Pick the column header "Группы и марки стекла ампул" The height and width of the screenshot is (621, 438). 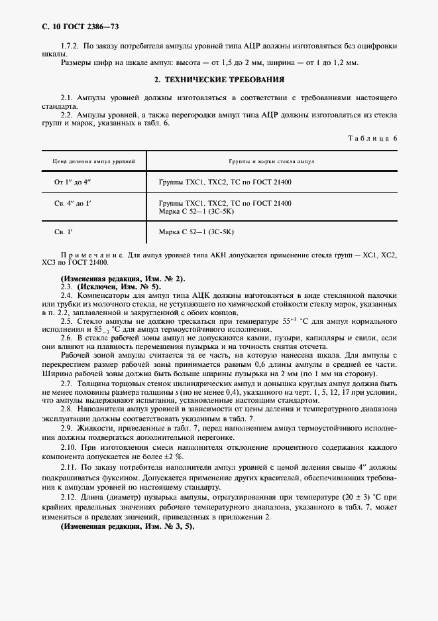272,161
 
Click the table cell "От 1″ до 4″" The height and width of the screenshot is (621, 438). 76,181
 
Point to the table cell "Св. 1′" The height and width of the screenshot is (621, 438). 64,232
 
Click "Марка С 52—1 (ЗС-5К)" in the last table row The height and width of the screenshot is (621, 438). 197,232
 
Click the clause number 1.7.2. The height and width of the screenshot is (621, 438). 70,46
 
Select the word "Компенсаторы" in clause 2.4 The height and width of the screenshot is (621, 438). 100,295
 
